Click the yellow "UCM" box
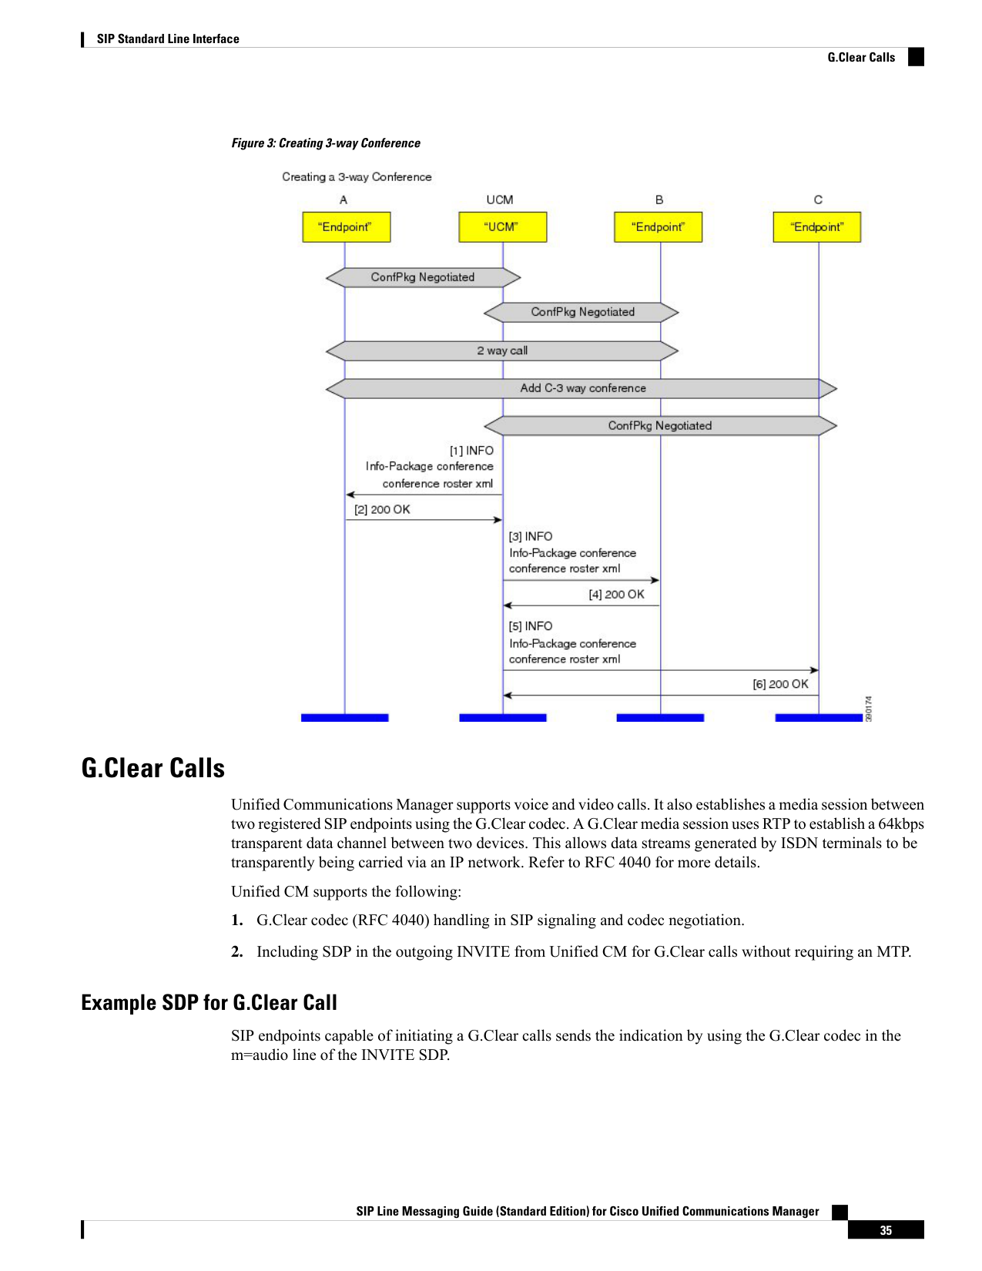click(502, 227)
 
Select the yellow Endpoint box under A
click(347, 227)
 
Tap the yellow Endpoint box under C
click(816, 227)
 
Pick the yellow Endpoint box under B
click(658, 227)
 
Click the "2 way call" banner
click(502, 351)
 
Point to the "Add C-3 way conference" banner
click(581, 388)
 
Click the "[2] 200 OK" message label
click(382, 509)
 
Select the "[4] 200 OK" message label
click(616, 594)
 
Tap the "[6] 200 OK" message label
click(780, 684)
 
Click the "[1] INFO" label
click(471, 451)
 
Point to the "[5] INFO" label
click(531, 625)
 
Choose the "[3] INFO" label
click(531, 536)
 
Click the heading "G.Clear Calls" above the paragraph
click(152, 768)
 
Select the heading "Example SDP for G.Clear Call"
click(209, 1002)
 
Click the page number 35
click(886, 1230)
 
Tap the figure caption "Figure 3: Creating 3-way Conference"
click(326, 143)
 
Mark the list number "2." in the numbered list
click(237, 951)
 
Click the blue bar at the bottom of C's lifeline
click(818, 718)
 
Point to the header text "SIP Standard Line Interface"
click(168, 39)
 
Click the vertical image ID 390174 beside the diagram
click(869, 709)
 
